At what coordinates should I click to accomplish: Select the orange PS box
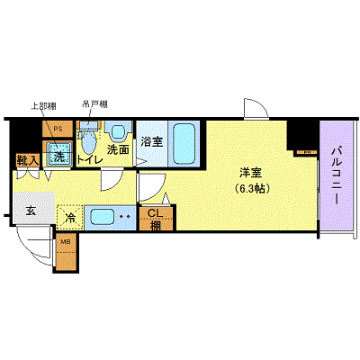click(x=57, y=128)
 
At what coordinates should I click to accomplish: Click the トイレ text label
click(x=88, y=160)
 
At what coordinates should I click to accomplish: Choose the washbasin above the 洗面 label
click(x=116, y=130)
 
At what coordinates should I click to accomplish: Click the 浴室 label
click(x=152, y=141)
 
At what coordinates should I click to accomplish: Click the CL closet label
click(x=155, y=213)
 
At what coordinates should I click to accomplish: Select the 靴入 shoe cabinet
click(x=26, y=161)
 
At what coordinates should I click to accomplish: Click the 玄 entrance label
click(x=31, y=211)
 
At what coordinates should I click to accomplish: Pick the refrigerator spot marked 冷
click(x=69, y=217)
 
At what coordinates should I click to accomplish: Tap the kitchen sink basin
click(x=101, y=217)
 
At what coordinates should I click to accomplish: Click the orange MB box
click(x=67, y=243)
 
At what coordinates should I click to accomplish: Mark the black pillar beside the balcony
click(x=300, y=135)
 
